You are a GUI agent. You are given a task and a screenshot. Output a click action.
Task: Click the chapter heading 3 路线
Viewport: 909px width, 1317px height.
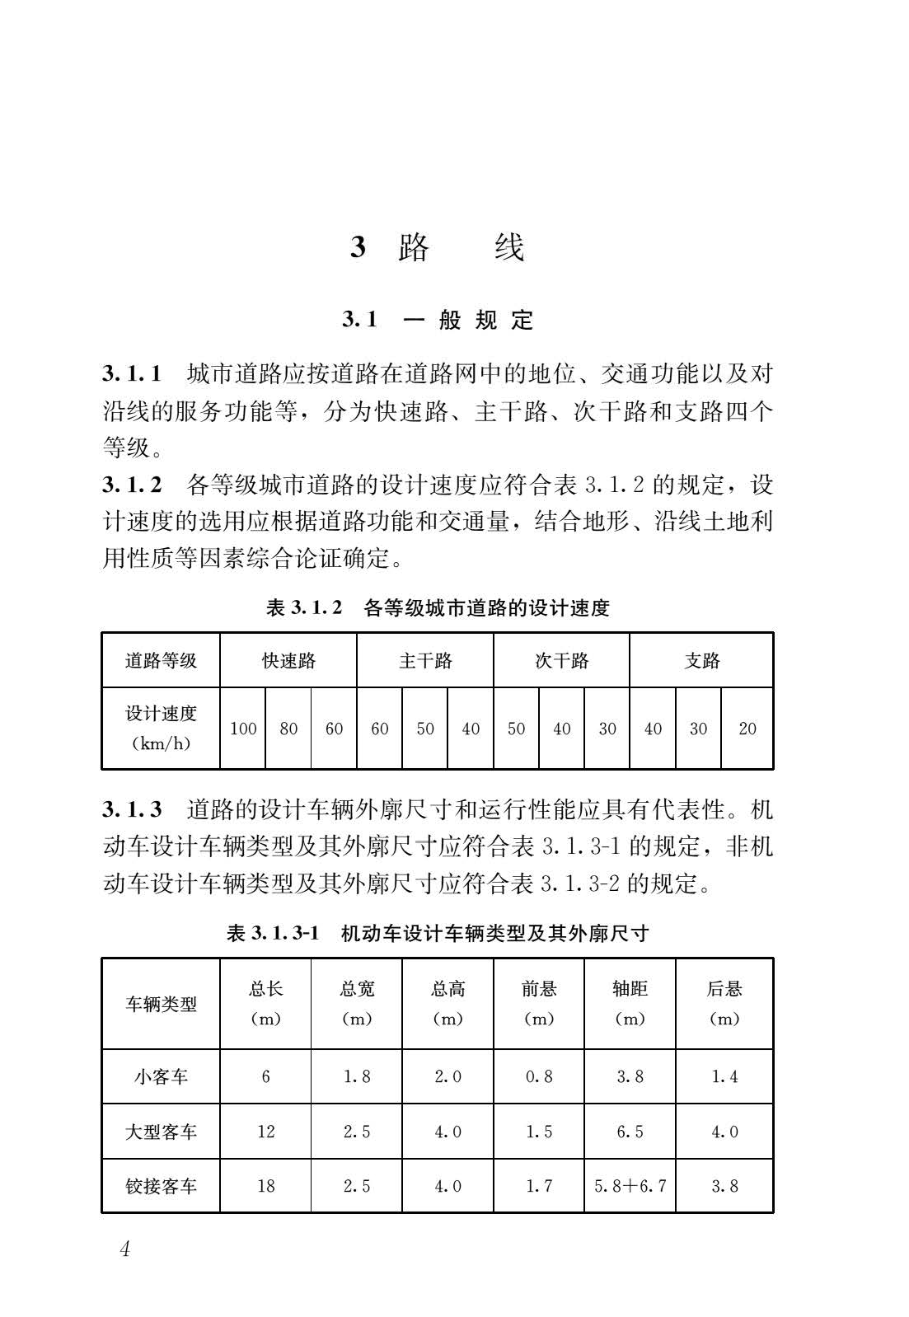click(437, 247)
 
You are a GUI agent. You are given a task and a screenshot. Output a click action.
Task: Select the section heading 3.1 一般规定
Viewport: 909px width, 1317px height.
click(438, 320)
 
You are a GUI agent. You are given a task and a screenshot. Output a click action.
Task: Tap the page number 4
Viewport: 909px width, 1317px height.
click(125, 1249)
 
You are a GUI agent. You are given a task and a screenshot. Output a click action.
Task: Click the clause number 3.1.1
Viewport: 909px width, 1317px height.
click(132, 373)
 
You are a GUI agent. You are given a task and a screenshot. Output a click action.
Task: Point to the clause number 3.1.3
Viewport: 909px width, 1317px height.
click(132, 809)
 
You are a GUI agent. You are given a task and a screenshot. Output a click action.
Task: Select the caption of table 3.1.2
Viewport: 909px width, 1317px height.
click(438, 608)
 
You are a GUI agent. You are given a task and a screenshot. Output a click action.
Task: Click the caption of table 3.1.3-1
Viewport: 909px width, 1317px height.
click(438, 933)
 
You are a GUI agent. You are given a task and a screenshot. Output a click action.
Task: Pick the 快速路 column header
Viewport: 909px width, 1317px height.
click(288, 660)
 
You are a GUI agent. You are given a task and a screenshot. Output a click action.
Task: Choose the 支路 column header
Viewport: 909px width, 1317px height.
click(701, 660)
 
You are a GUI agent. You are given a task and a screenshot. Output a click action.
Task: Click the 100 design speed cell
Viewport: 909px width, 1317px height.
click(243, 729)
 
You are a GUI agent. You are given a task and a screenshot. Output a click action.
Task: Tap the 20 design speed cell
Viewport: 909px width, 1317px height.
click(747, 729)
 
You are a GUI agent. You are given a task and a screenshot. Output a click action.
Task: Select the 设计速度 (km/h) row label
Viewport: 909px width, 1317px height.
click(161, 729)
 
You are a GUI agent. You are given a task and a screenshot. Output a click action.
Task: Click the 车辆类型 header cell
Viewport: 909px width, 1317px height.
click(161, 1004)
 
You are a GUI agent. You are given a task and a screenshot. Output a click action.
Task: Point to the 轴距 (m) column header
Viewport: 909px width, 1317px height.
click(630, 1004)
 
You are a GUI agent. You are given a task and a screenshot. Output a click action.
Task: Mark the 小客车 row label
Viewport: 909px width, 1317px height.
click(161, 1076)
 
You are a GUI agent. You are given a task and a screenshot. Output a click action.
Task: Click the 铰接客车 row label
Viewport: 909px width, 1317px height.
click(161, 1186)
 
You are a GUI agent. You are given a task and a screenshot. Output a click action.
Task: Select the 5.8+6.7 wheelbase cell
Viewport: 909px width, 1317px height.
click(630, 1186)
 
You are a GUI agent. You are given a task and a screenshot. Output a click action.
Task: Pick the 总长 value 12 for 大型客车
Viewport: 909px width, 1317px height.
click(265, 1132)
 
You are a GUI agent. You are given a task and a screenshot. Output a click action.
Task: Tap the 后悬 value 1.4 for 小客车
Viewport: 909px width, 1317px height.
click(724, 1076)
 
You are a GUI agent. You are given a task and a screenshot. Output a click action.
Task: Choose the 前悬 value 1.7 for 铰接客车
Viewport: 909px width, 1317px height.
click(539, 1186)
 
